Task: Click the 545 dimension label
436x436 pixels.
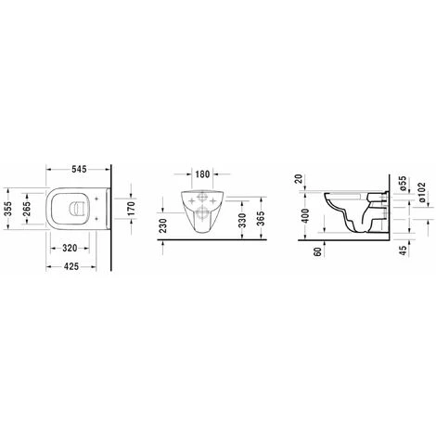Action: (79, 169)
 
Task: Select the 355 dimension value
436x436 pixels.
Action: (8, 209)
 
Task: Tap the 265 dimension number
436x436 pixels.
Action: (27, 209)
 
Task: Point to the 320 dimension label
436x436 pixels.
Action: (70, 248)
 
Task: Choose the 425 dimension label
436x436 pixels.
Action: (71, 266)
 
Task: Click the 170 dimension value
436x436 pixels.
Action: (131, 209)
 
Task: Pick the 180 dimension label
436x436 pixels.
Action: (202, 174)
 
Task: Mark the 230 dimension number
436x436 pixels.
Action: (163, 225)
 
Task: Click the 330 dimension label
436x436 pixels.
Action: (243, 221)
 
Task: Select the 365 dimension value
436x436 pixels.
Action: (262, 219)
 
